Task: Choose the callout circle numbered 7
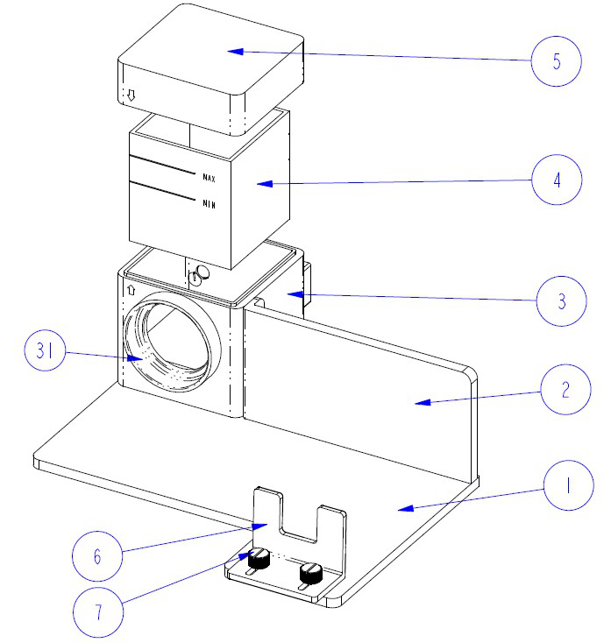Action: point(98,611)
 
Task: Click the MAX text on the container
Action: point(209,178)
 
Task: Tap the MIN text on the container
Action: point(209,204)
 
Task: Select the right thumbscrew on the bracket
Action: point(310,574)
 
